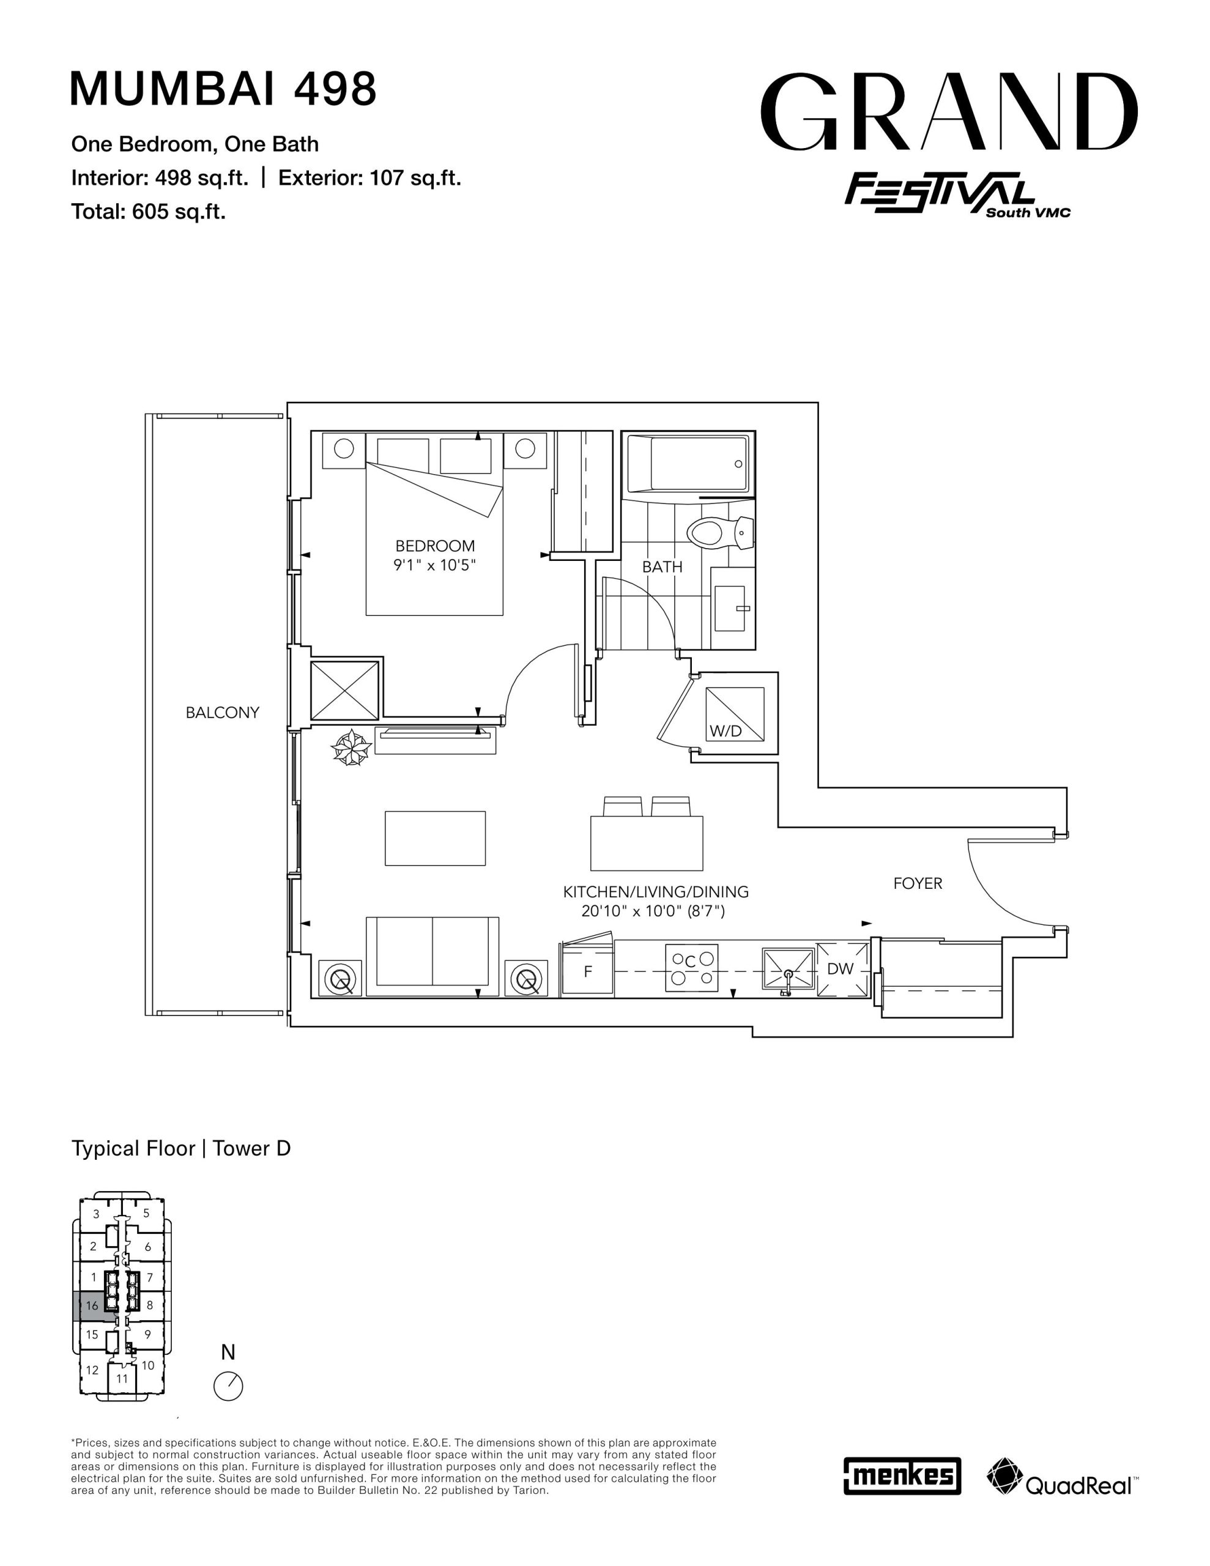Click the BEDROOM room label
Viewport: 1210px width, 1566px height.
pyautogui.click(x=435, y=546)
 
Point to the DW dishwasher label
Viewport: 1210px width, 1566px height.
pyautogui.click(x=840, y=969)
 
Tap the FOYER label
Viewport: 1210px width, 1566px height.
pyautogui.click(x=918, y=883)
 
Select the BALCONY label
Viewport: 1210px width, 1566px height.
pyautogui.click(x=222, y=713)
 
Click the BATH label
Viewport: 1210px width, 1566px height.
pyautogui.click(x=662, y=566)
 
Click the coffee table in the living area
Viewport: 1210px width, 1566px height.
pyautogui.click(x=436, y=838)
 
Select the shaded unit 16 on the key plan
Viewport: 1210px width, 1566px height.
pyautogui.click(x=92, y=1306)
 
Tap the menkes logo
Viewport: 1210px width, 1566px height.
pyautogui.click(x=902, y=1475)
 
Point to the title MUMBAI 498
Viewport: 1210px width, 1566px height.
pyautogui.click(x=223, y=89)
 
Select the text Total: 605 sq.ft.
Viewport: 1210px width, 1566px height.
pyautogui.click(x=149, y=212)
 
